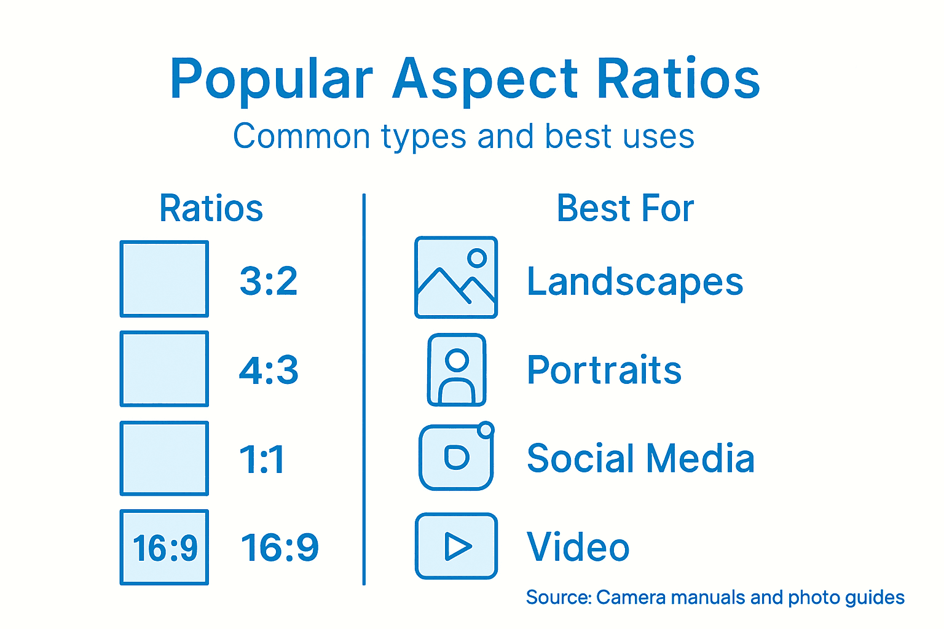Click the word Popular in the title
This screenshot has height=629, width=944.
tap(271, 80)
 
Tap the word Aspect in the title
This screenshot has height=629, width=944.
tap(485, 80)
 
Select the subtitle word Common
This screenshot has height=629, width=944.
tap(301, 136)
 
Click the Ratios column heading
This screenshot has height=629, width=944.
tap(211, 208)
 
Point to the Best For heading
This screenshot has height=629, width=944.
tap(625, 208)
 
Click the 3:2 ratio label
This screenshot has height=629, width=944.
tap(269, 281)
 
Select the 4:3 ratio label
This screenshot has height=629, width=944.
tap(269, 370)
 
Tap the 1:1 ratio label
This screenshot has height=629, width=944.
tap(262, 459)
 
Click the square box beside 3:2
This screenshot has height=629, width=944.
tap(164, 279)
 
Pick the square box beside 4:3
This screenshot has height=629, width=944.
tap(164, 369)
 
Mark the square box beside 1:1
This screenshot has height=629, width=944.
tap(164, 458)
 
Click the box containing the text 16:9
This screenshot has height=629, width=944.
tap(164, 547)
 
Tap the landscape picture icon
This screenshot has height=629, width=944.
tap(456, 278)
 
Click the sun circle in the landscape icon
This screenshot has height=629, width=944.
tap(477, 258)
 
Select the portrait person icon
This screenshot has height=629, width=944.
tap(457, 370)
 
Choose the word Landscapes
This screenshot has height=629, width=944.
tap(635, 282)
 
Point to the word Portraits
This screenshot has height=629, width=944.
tap(604, 370)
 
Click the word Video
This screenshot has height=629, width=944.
tap(578, 547)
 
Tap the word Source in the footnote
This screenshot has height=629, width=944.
tap(558, 597)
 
